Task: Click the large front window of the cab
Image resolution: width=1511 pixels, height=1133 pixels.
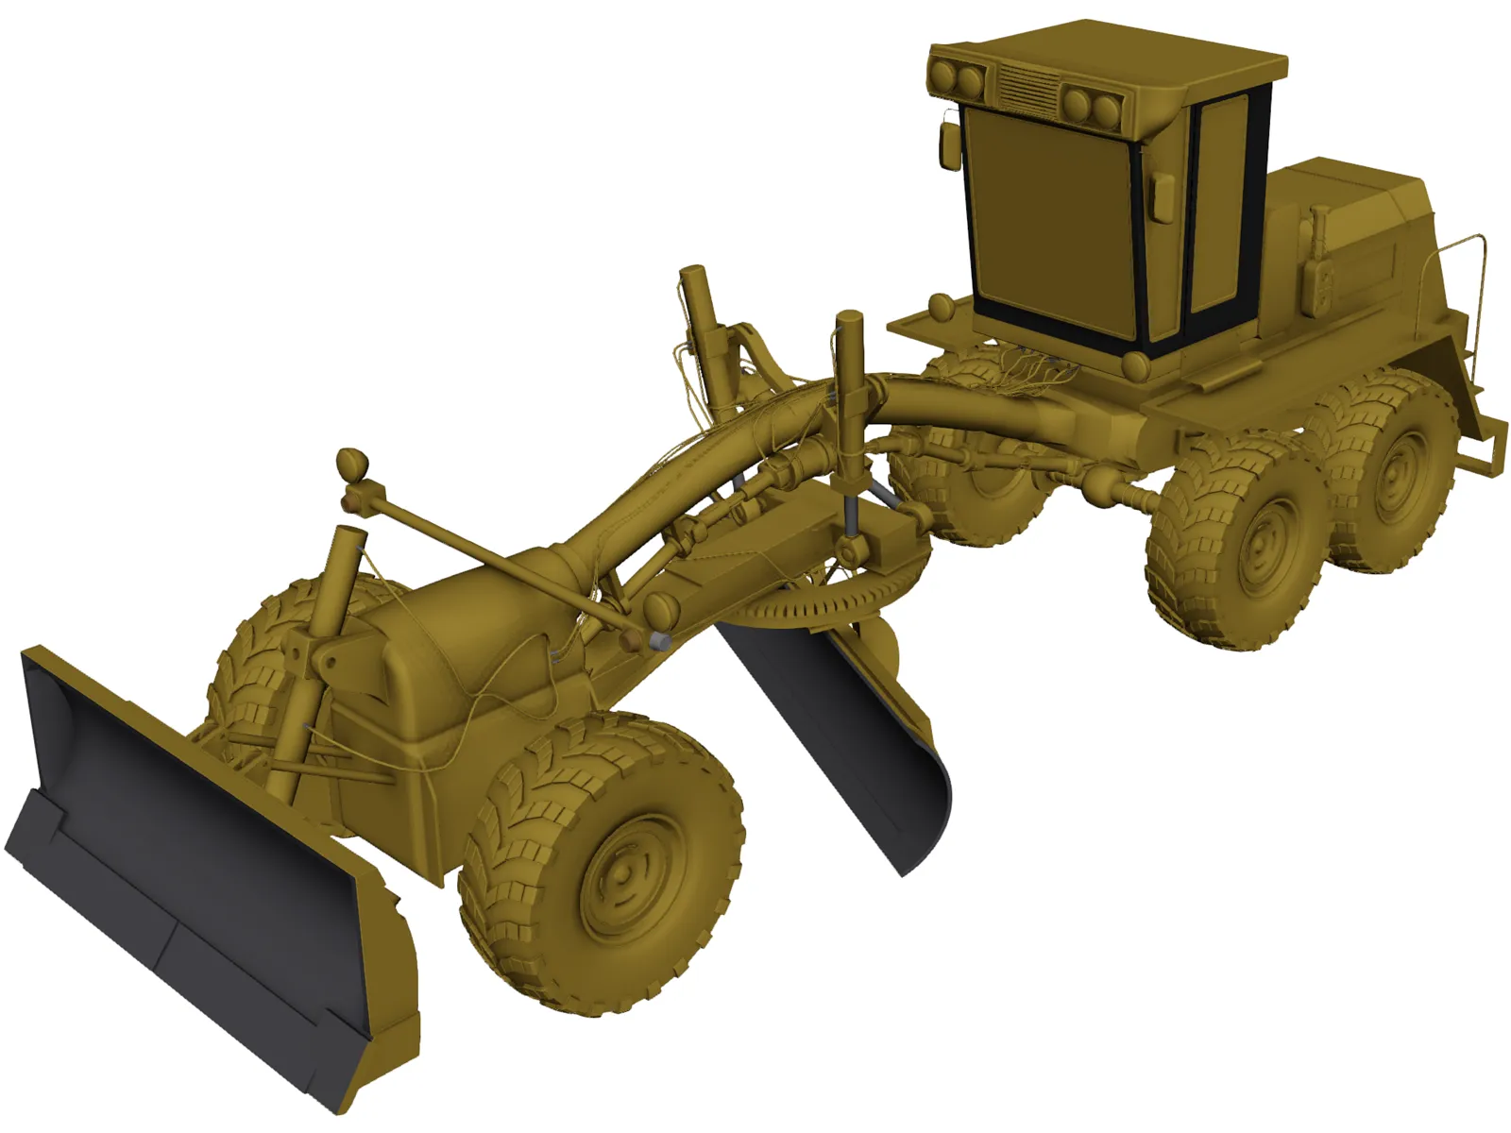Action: point(1048,222)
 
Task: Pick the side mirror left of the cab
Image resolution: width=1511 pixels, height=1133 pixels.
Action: point(946,142)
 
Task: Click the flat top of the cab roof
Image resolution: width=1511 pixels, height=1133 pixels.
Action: point(1114,52)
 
